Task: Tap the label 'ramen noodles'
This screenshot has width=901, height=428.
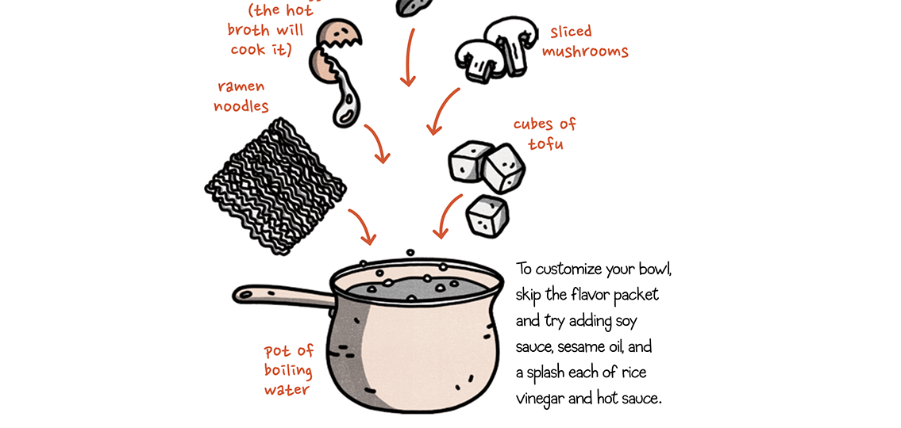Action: click(x=241, y=96)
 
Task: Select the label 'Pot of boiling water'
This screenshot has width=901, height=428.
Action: click(x=289, y=370)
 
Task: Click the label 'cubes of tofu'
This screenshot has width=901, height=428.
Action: click(x=545, y=134)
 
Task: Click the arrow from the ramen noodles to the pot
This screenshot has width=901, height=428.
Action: click(x=363, y=227)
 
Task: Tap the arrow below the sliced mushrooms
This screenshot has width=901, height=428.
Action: click(x=443, y=112)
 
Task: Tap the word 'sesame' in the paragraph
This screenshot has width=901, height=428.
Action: click(x=586, y=347)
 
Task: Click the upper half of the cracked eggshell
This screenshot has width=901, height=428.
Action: click(x=340, y=33)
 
